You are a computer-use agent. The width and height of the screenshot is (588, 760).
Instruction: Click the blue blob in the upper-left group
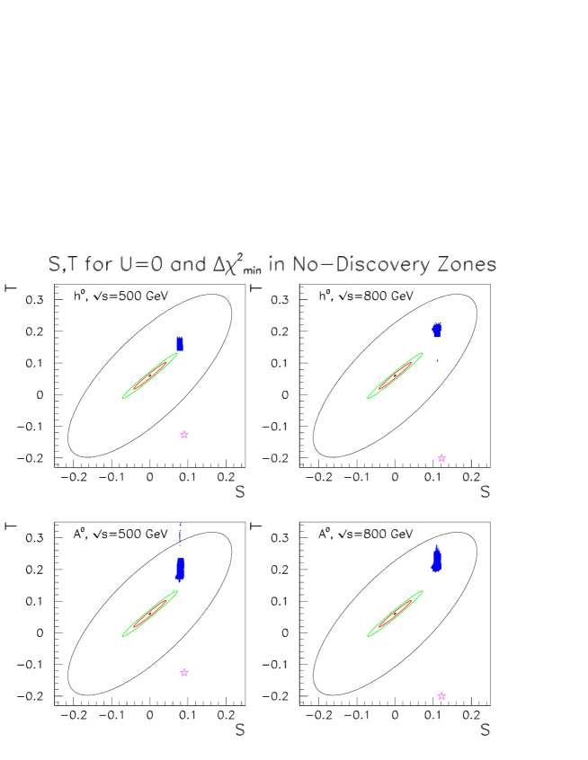point(180,343)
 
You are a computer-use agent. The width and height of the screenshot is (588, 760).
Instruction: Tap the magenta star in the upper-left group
point(184,435)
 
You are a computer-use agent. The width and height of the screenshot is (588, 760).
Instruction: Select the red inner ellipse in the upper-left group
point(150,376)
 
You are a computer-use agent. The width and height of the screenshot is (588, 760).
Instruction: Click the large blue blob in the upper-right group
point(437,330)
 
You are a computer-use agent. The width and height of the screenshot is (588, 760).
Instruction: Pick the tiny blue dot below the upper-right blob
point(437,360)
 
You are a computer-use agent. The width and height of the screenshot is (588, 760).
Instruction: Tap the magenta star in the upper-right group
point(441,458)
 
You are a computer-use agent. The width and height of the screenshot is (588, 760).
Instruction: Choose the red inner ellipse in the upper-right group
point(395,376)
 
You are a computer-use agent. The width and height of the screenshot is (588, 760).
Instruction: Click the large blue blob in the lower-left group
point(181,569)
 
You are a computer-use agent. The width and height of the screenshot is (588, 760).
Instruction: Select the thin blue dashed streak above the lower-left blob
point(180,535)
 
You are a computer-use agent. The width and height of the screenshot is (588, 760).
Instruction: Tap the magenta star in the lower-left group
point(184,673)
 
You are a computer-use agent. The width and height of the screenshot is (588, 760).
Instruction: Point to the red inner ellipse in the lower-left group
point(150,614)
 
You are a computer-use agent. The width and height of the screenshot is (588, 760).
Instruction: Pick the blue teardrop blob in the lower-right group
point(437,560)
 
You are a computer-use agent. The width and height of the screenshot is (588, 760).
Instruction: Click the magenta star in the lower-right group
point(441,696)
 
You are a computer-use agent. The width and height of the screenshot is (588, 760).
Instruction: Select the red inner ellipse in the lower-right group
point(395,614)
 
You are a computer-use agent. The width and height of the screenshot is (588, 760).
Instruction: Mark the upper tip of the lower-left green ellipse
point(177,591)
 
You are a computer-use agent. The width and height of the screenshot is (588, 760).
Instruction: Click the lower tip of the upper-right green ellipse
point(368,398)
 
